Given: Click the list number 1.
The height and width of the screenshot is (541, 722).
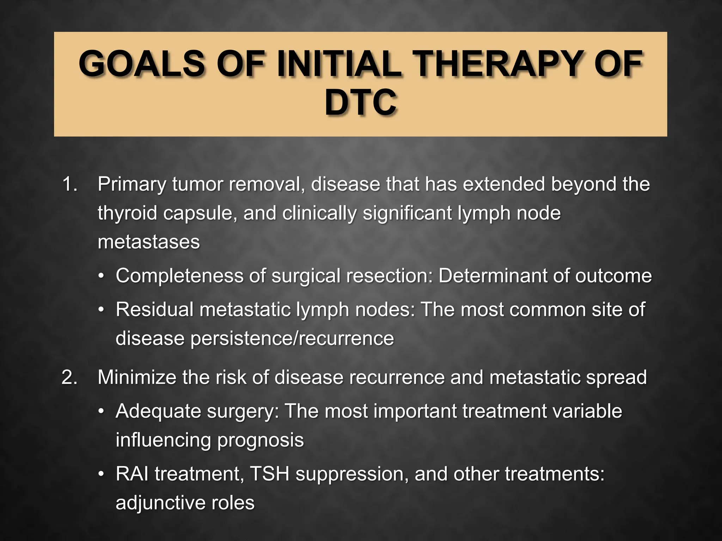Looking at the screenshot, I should click(x=69, y=184).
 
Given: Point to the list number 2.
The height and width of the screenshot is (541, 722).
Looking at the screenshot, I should click(x=69, y=377).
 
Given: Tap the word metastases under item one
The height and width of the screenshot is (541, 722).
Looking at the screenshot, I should click(x=148, y=242).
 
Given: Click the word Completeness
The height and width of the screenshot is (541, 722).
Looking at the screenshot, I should click(x=179, y=275).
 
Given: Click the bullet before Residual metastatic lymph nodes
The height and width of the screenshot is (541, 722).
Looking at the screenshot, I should click(x=101, y=310).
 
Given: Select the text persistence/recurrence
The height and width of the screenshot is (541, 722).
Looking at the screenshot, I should click(x=292, y=338).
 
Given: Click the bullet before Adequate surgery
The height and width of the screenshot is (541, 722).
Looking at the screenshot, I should click(x=101, y=411).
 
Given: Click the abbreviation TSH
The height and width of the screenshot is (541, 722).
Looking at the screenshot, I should click(x=269, y=474).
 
